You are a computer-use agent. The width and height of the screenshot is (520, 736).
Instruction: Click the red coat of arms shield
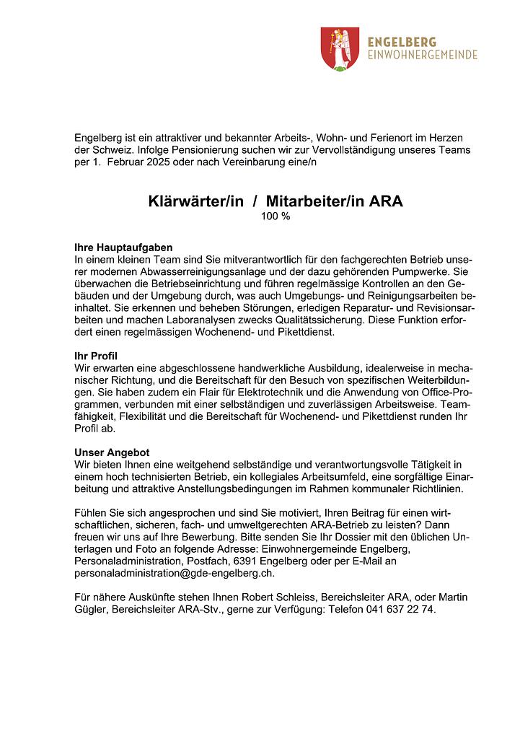[340, 48]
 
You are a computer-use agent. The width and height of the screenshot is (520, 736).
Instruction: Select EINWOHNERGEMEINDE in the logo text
[422, 56]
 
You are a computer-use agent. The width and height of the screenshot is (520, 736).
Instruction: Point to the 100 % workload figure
[275, 216]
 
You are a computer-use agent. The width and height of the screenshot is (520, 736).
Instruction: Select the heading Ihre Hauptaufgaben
[123, 247]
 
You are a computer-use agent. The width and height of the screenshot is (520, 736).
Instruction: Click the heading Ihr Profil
[96, 356]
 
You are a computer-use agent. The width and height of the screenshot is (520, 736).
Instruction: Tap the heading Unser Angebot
[112, 452]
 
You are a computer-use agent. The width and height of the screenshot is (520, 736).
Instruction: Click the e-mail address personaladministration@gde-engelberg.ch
[174, 574]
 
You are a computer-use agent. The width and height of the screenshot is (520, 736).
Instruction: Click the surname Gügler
[92, 609]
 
